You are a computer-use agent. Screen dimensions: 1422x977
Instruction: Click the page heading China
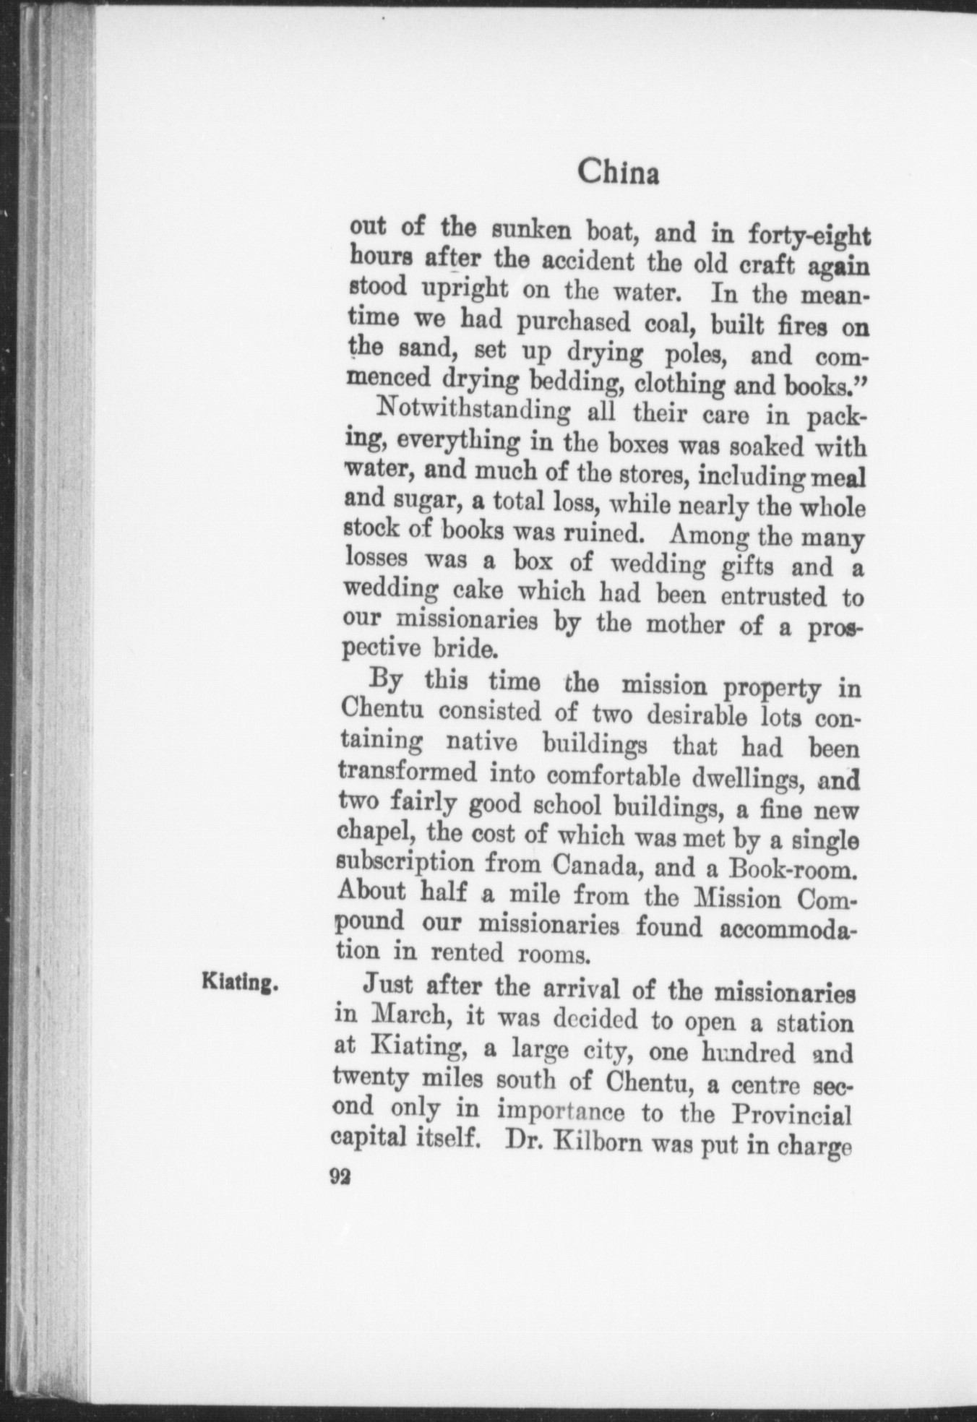618,176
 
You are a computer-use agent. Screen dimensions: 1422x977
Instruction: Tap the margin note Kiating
241,983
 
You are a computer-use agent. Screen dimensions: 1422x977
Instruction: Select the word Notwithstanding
474,413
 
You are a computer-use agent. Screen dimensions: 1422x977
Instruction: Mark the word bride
465,647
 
